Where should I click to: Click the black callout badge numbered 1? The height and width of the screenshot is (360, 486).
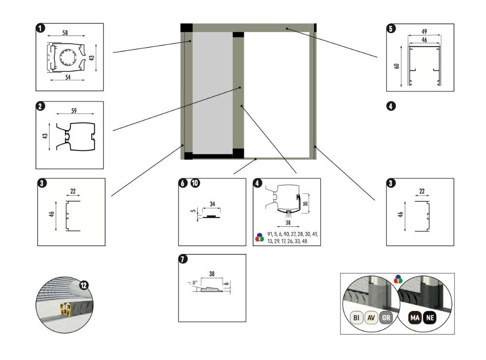click(40, 28)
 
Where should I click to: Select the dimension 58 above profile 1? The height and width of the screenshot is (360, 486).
click(65, 32)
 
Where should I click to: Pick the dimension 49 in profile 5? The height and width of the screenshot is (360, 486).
click(424, 32)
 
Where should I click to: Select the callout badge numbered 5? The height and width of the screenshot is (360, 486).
click(391, 28)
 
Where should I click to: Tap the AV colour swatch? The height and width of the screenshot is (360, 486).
click(371, 319)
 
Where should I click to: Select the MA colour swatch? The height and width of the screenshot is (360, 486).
click(415, 319)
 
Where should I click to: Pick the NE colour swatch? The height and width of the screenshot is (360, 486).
click(430, 319)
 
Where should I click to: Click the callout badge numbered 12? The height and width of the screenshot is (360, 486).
click(84, 286)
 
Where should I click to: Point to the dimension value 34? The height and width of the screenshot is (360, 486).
click(212, 204)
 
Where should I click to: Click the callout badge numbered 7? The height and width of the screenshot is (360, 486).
click(183, 259)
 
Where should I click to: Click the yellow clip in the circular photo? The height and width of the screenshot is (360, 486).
click(65, 308)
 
